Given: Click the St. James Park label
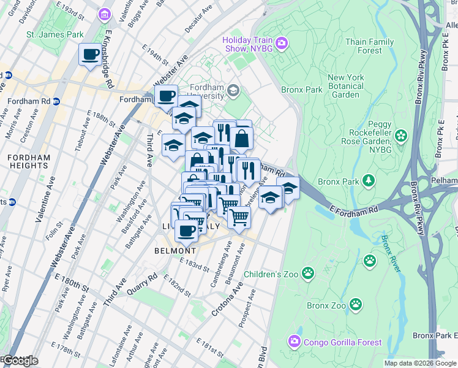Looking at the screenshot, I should click(54, 34).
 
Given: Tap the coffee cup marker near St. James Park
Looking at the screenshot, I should click(91, 55).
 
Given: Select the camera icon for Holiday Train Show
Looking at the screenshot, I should click(281, 42).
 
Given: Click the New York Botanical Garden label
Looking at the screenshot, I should click(346, 86).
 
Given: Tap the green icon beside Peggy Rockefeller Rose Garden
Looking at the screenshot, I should click(401, 135).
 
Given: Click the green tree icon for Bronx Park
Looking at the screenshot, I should click(369, 180).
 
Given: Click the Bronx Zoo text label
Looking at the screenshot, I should click(326, 305).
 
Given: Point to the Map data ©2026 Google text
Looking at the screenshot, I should click(420, 363).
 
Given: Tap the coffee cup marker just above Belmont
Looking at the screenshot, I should click(186, 231).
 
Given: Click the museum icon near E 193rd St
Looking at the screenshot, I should click(104, 13).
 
